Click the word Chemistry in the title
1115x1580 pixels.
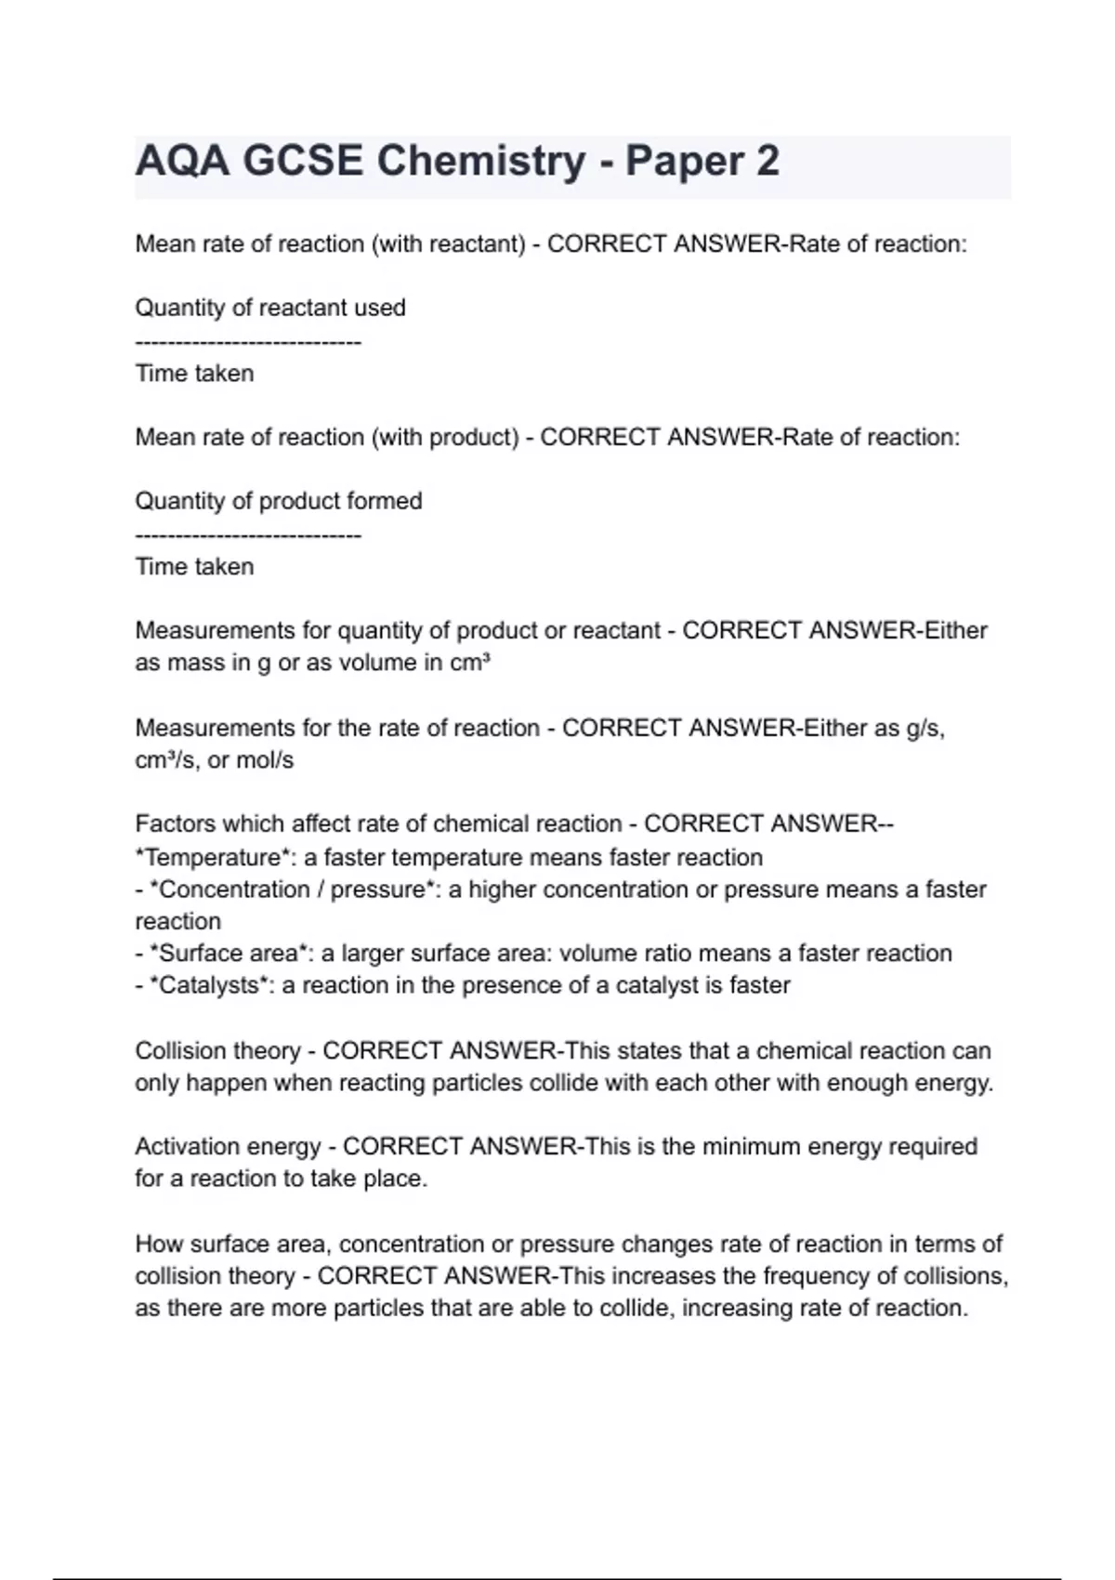(481, 161)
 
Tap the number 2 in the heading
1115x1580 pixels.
(767, 161)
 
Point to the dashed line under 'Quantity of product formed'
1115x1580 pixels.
(248, 536)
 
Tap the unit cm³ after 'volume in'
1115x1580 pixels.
(470, 663)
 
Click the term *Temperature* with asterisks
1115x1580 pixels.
(214, 857)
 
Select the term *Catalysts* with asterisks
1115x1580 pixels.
(209, 985)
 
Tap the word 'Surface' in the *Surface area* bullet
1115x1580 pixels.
(194, 954)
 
